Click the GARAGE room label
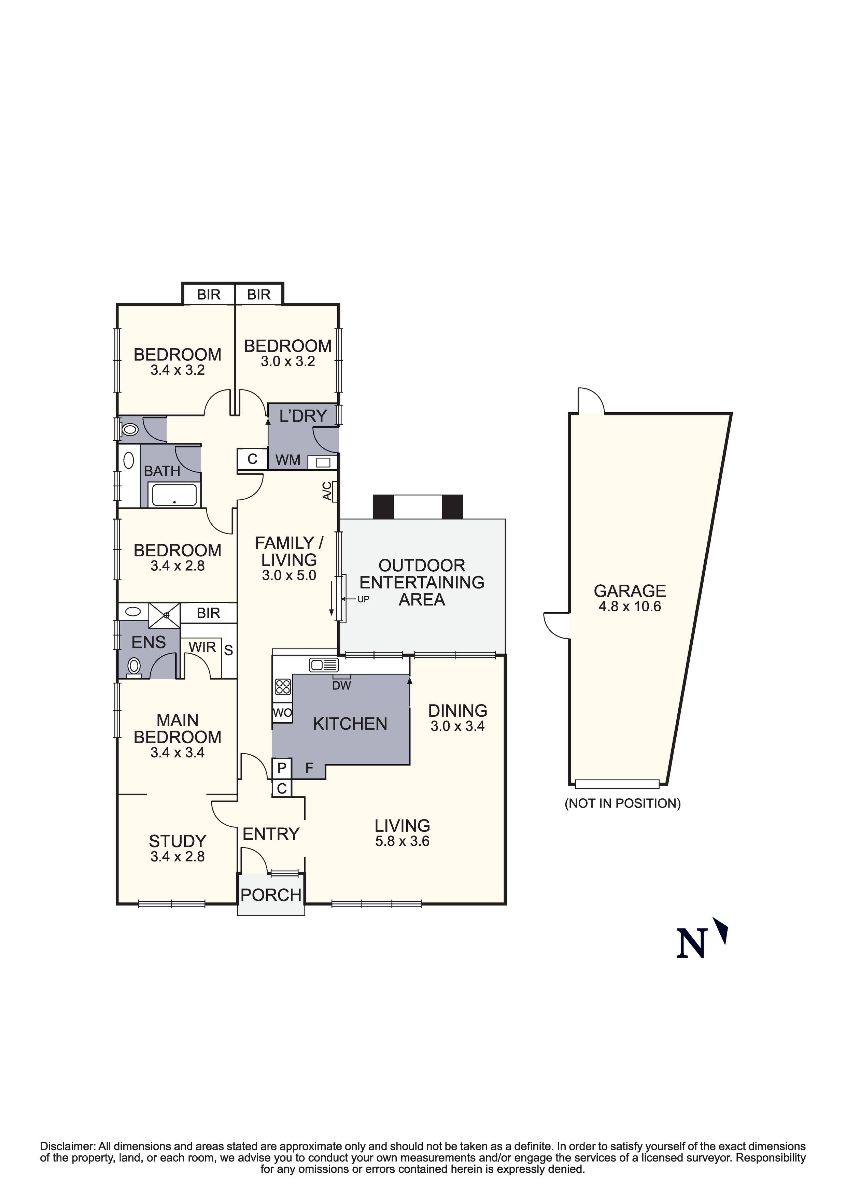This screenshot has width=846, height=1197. click(630, 591)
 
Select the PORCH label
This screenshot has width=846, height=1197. click(271, 895)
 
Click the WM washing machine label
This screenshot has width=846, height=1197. click(288, 459)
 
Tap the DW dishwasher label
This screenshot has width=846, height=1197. click(342, 686)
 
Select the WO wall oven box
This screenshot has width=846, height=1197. click(282, 713)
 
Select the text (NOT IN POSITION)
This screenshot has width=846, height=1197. click(623, 803)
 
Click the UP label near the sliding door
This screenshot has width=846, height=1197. click(363, 600)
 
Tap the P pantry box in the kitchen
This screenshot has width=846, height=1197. click(282, 768)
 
